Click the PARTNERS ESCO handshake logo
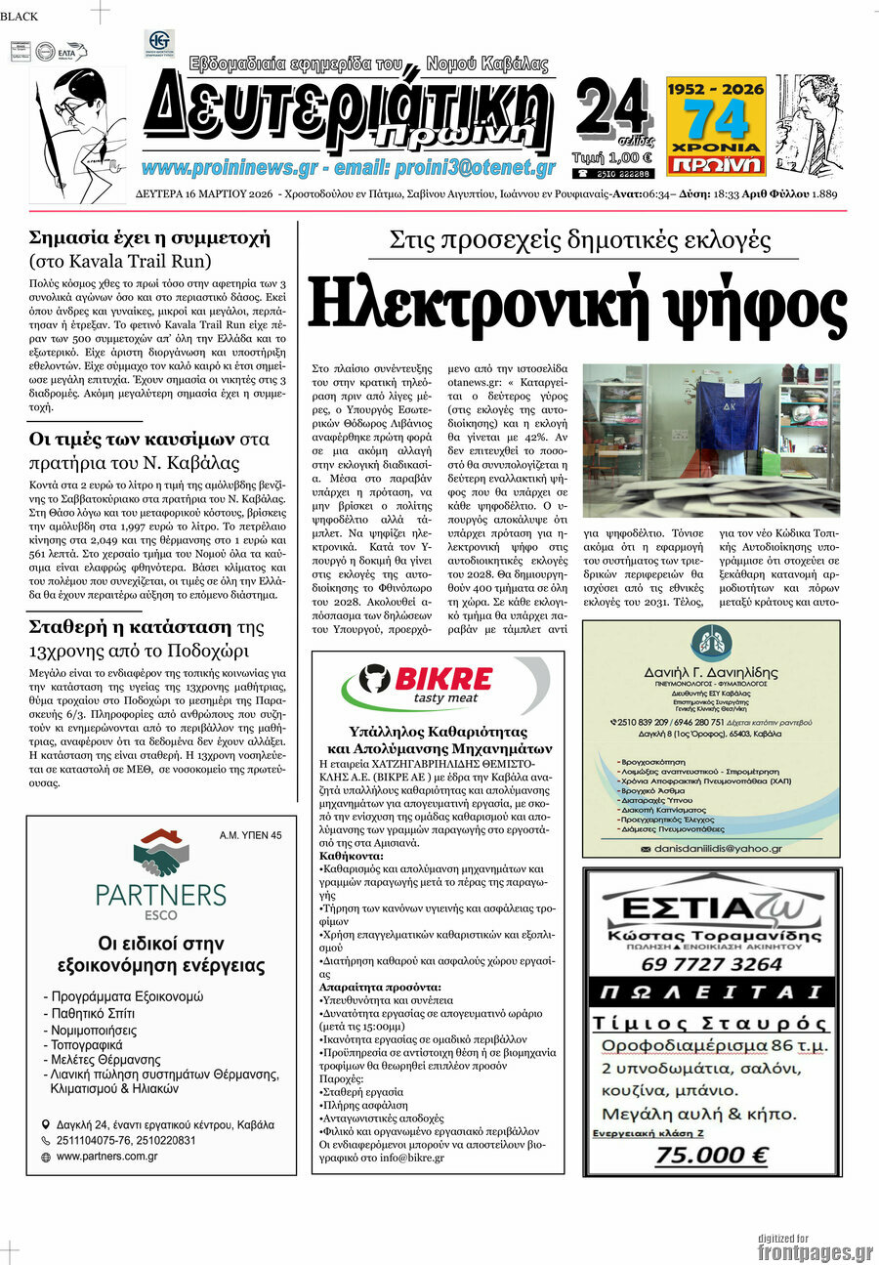[x=162, y=852]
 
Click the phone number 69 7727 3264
[x=711, y=964]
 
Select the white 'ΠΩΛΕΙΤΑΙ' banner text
[x=711, y=994]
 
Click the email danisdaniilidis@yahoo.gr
[x=718, y=849]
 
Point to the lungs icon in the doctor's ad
[x=709, y=642]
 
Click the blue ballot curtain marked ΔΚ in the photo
[x=729, y=414]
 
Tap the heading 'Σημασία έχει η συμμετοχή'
[x=149, y=237]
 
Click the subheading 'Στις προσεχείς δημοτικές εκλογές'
[x=580, y=240]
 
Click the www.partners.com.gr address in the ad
[x=107, y=1157]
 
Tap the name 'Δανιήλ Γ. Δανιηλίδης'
[x=710, y=672]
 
